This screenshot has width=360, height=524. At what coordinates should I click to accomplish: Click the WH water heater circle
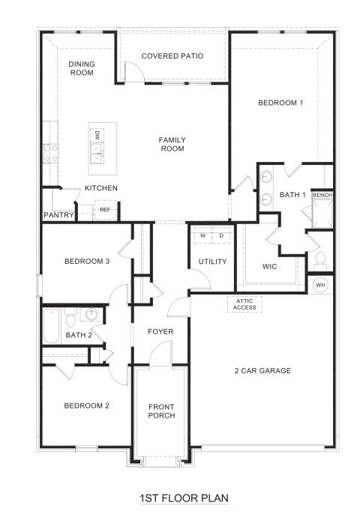320,285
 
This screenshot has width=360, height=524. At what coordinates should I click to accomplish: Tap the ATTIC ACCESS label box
244,304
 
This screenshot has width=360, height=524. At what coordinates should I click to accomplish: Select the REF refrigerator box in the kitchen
105,210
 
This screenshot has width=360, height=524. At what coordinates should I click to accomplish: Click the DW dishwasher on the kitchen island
97,136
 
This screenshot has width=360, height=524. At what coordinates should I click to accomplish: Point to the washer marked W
203,235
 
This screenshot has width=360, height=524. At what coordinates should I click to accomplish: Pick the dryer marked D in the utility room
221,235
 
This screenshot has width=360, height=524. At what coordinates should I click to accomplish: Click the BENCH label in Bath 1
322,195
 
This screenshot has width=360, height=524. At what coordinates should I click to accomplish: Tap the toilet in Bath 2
70,318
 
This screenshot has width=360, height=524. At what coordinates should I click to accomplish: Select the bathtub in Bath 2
52,326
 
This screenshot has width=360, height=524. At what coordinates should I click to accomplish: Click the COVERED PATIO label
172,55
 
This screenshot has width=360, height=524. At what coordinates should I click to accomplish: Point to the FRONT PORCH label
161,411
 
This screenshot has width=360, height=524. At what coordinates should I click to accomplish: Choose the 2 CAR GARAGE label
262,370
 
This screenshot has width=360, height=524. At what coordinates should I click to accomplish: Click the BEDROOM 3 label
87,262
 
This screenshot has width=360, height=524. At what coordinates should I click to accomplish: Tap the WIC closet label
269,267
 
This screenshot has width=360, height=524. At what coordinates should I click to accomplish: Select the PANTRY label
58,215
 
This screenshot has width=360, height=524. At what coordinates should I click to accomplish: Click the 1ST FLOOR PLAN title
184,499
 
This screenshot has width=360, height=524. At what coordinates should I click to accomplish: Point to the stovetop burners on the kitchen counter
51,154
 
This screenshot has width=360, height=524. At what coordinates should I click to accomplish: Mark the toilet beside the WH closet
320,261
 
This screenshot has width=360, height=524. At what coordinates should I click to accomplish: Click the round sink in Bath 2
91,314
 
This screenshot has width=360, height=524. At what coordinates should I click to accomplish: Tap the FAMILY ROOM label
172,145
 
